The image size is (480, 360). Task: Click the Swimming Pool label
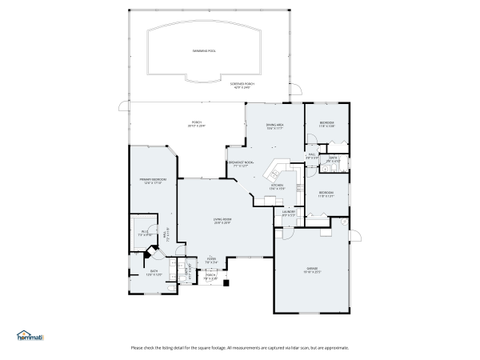coord(204,51)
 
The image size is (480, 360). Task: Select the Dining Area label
coord(275,126)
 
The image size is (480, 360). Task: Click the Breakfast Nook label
coord(241,164)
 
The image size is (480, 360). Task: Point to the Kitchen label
coord(277,186)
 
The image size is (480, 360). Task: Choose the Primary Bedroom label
coord(151,181)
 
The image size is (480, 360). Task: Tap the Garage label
coord(312,269)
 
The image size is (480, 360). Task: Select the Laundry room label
coord(289,213)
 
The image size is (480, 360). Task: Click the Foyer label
coord(211,259)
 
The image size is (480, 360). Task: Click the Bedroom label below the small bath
coord(326,194)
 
